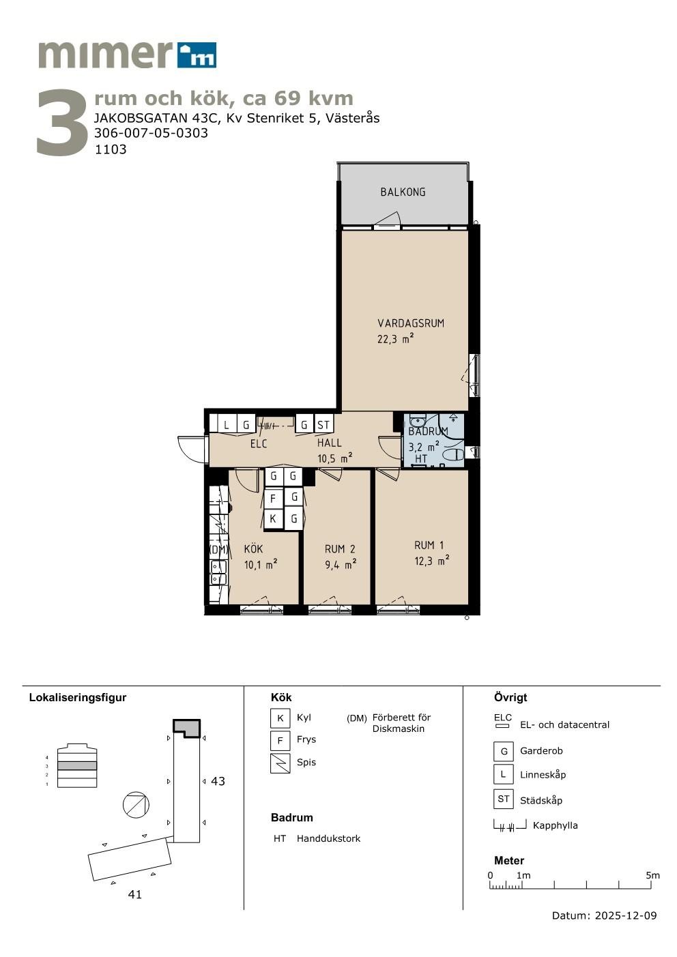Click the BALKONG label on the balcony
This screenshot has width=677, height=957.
(403, 192)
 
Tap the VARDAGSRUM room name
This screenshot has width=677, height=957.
(411, 323)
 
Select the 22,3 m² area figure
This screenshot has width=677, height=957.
(395, 339)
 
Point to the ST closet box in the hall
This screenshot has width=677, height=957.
(323, 424)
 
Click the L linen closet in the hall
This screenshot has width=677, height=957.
(227, 424)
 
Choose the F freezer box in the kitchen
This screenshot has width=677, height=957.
(273, 498)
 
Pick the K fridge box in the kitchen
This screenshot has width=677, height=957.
(273, 518)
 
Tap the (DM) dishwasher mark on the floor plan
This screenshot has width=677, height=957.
(218, 549)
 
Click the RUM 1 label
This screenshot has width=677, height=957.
(429, 545)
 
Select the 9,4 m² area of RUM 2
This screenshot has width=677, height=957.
(341, 565)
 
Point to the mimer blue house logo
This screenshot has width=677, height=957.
(197, 55)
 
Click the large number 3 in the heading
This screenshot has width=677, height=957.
(62, 122)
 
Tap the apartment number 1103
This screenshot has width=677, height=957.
(111, 149)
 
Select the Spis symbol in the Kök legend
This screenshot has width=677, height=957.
(280, 763)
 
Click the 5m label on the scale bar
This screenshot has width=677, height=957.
(652, 875)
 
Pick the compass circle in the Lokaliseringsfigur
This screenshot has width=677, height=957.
(136, 804)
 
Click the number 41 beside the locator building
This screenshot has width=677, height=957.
(135, 894)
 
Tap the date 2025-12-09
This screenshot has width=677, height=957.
(626, 915)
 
